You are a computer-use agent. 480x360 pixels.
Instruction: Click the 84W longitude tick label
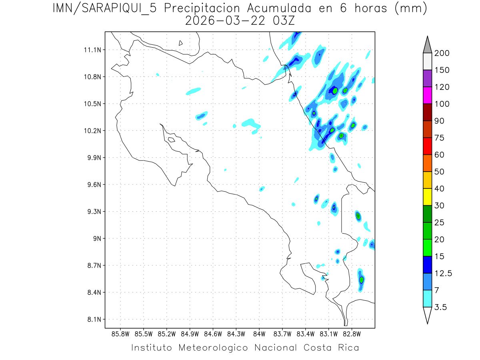coord(259,334)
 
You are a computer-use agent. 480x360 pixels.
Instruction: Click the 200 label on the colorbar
coord(442,53)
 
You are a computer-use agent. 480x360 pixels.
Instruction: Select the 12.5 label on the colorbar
coord(443,273)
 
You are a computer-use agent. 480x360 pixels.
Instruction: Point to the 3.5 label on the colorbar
coord(441,307)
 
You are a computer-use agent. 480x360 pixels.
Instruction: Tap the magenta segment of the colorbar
coord(427,95)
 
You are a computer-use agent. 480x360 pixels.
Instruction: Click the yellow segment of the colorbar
coord(427,197)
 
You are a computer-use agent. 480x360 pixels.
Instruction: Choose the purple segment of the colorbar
coord(427,78)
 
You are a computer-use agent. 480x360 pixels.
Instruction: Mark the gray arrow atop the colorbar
coord(427,44)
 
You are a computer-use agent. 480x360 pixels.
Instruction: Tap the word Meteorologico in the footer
coord(216,347)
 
